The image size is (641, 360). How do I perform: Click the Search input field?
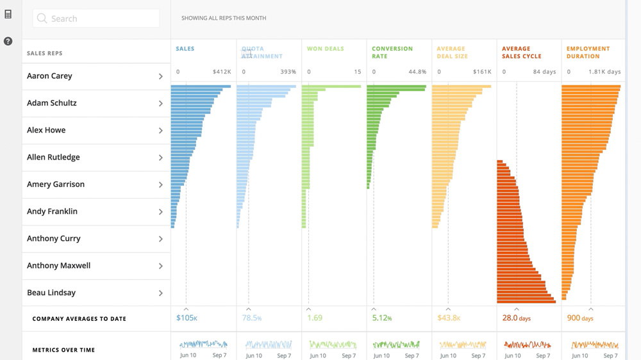coord(96,19)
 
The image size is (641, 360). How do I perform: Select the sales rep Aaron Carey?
coord(49,76)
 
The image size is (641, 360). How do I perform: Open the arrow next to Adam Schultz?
coord(161,103)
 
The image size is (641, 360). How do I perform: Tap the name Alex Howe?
coord(46,130)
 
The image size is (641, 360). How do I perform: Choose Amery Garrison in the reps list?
coord(56,184)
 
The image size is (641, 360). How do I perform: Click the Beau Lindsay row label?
coord(51,293)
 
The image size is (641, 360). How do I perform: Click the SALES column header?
coord(185,49)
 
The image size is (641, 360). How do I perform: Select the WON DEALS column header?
coord(326,49)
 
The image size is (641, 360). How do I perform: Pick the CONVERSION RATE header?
coord(392,53)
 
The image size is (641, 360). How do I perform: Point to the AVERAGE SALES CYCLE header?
coord(522,53)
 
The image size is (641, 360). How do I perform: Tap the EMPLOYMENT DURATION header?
coord(588,53)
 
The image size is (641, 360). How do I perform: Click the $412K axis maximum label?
coord(222,72)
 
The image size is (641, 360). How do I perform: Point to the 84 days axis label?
coord(544,72)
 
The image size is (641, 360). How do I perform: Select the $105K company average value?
coord(187,318)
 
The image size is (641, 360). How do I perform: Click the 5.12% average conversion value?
coord(381,318)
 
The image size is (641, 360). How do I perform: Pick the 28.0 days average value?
coord(516,318)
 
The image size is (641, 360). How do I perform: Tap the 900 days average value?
coord(580,318)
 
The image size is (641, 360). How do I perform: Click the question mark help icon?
coord(8,42)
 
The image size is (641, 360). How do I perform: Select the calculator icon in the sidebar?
coord(8,14)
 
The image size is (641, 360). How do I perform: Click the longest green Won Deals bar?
coord(331,86)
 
